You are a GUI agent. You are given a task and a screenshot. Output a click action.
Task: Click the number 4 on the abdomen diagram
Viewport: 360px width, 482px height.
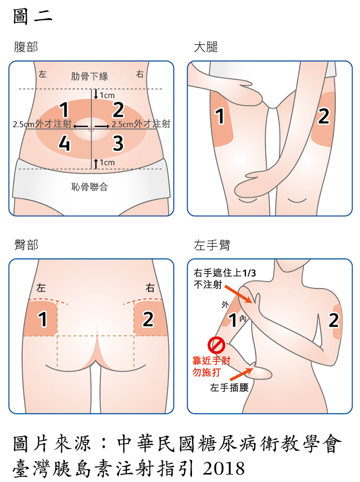(64, 143)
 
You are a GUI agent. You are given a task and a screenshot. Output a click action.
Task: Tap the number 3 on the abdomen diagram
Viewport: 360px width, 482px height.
(118, 143)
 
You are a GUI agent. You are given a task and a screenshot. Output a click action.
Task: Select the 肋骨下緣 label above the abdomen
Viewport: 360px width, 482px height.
(90, 76)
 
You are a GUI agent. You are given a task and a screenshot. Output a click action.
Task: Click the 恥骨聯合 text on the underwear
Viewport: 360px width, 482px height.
(90, 187)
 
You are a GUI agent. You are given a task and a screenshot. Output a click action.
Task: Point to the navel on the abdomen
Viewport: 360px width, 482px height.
(91, 129)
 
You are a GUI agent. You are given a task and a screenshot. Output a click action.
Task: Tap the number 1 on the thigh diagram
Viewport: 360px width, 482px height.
(220, 116)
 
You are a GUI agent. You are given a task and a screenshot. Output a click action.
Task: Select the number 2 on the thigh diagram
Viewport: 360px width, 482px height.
(324, 116)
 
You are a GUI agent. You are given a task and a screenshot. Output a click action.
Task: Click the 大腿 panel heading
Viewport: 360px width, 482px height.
(206, 47)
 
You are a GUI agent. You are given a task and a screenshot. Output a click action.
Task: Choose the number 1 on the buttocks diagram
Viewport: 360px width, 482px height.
(42, 319)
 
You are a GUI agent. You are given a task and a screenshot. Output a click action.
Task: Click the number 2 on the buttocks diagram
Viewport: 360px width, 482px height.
(148, 319)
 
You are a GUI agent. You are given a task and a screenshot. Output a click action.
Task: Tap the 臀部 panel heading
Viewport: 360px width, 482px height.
(26, 245)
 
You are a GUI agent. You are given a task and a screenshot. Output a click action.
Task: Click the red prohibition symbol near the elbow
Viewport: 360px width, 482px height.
(216, 345)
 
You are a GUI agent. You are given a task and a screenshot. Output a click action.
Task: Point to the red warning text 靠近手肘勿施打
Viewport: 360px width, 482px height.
(211, 366)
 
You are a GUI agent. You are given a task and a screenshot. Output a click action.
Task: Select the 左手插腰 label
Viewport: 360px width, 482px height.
(229, 388)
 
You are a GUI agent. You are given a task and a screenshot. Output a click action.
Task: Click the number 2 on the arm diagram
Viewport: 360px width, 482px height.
(334, 320)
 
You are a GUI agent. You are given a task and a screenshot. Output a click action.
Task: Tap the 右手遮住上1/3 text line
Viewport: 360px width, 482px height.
(225, 273)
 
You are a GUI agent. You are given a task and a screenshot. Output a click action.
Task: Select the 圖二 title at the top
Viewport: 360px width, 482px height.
(33, 16)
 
